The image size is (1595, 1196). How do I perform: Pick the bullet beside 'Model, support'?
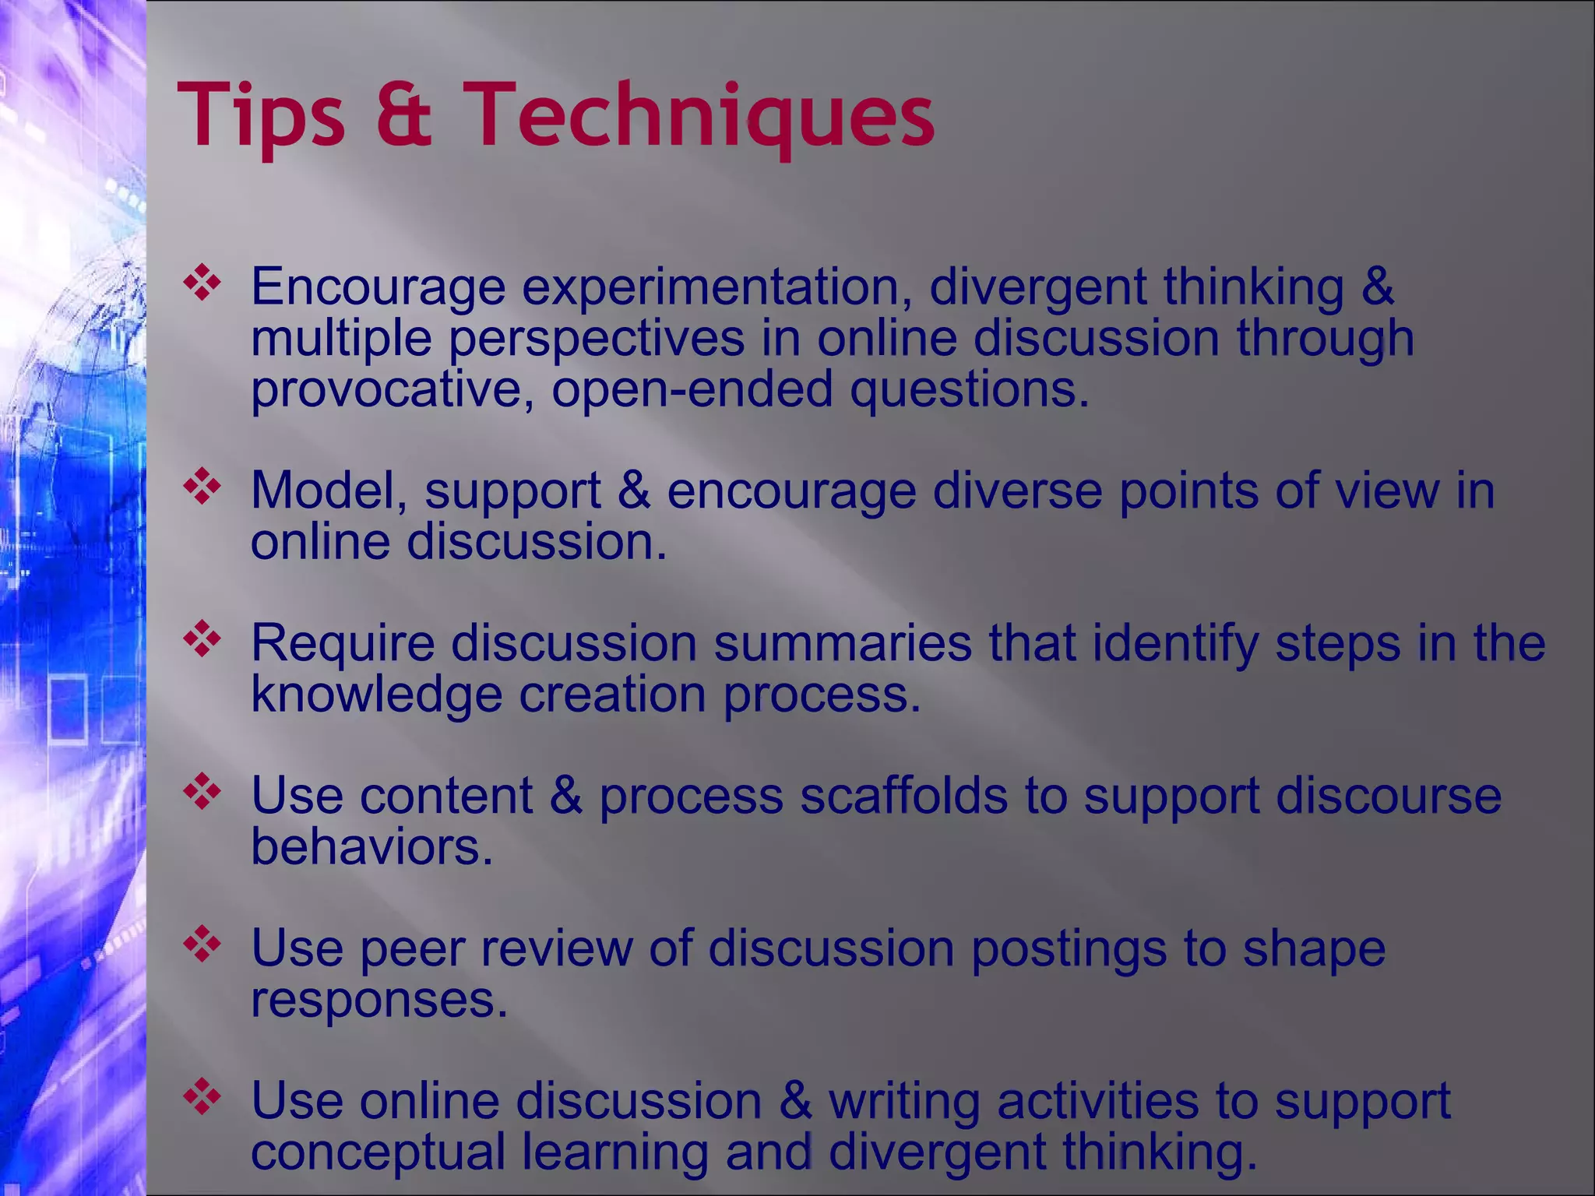[x=202, y=487]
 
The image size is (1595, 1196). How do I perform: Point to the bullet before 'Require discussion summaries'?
[x=202, y=639]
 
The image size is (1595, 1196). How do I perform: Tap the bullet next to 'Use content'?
[x=202, y=792]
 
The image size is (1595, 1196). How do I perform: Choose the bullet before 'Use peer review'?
[x=202, y=944]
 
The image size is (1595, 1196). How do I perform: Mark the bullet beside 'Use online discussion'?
[x=202, y=1097]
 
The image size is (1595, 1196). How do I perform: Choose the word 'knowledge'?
[x=376, y=695]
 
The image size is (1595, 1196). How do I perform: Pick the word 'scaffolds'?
[x=903, y=796]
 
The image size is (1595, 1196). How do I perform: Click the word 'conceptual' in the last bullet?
[x=378, y=1152]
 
